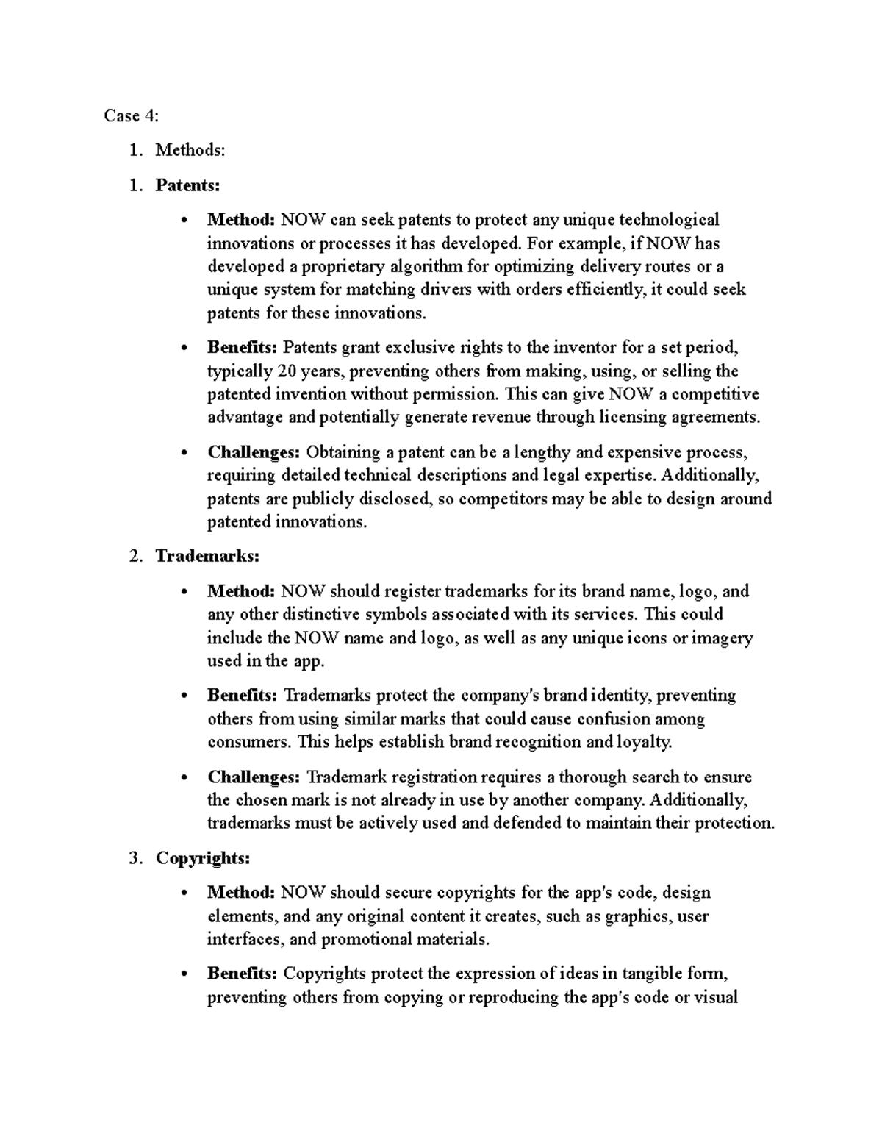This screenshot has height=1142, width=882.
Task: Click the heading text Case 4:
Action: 131,115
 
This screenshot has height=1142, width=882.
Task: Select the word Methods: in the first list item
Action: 190,150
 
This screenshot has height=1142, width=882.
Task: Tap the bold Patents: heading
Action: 187,185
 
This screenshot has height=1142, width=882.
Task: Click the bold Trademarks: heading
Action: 207,556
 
